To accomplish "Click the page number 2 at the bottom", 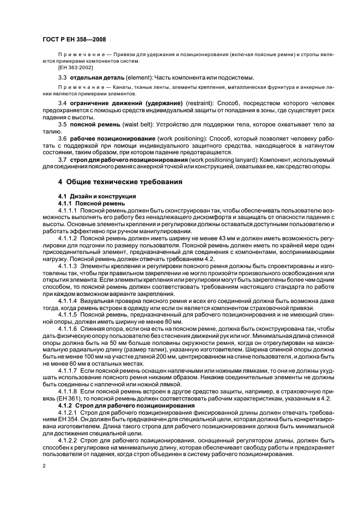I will pos(43,466).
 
